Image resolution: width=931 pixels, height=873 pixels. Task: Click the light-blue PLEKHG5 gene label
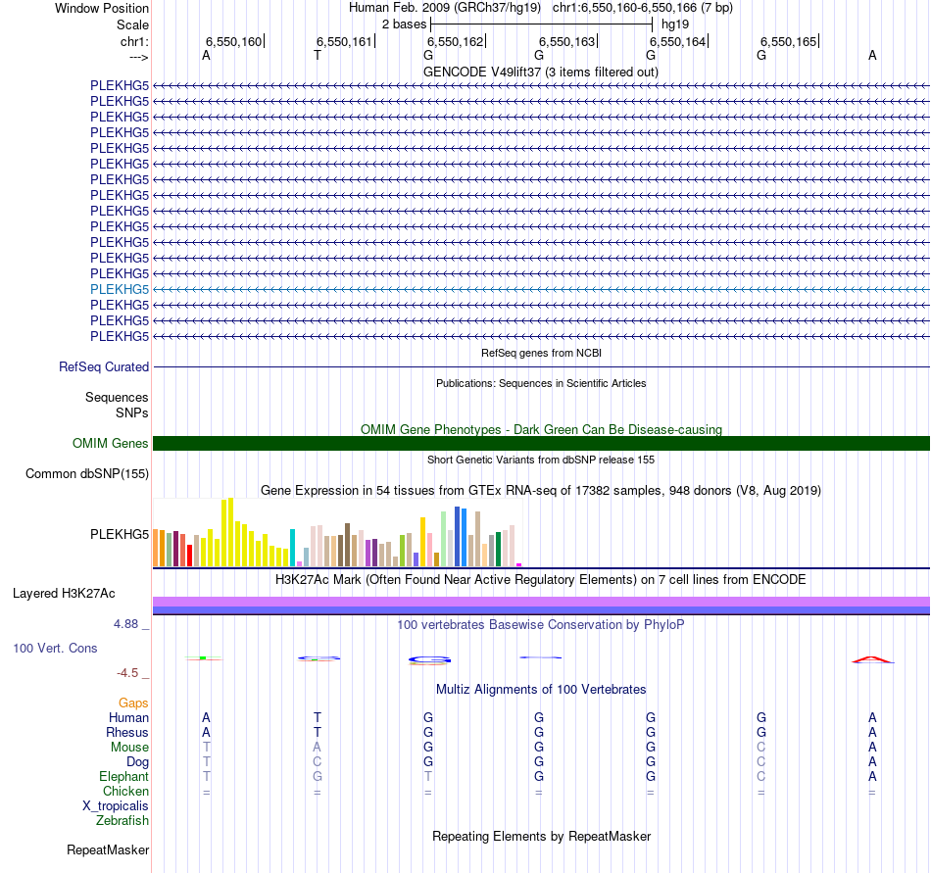(120, 289)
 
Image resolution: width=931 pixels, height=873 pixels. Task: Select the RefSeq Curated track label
(104, 366)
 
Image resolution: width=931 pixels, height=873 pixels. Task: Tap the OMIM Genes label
(111, 443)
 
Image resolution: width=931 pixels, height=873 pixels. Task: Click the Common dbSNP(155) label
(86, 474)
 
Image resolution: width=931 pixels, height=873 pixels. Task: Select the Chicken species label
(125, 791)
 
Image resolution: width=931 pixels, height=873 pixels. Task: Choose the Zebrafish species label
(122, 820)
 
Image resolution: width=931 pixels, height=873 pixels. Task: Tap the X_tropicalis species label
(116, 805)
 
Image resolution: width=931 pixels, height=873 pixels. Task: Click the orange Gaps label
(133, 703)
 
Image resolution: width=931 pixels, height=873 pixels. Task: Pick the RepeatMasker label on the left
(108, 849)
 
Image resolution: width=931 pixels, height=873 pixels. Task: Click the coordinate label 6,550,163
(566, 42)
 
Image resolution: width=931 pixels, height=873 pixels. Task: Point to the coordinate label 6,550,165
(788, 42)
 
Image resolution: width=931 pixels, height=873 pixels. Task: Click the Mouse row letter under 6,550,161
(317, 747)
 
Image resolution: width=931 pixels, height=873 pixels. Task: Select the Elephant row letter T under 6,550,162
(428, 776)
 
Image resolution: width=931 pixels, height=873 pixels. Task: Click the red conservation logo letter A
(872, 659)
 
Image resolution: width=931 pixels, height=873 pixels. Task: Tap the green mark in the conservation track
(202, 658)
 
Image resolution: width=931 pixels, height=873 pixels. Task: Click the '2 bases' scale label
(404, 24)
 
